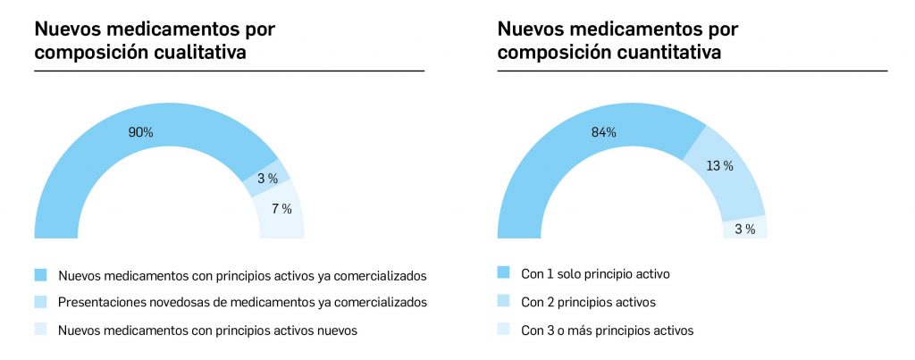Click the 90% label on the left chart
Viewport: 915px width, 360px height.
(140, 132)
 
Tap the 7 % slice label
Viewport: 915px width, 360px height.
(281, 210)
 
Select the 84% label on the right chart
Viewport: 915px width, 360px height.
(604, 132)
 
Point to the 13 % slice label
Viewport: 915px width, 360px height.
(721, 165)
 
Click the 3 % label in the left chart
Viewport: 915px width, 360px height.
(267, 179)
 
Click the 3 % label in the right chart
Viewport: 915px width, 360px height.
(744, 230)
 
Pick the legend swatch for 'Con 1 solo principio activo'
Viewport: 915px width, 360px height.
(503, 272)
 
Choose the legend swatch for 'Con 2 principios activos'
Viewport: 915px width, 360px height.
(503, 301)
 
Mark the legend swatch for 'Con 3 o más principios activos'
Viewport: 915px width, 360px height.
(503, 330)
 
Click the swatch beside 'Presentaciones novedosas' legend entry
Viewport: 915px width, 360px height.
(40, 302)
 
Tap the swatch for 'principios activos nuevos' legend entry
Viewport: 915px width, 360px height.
(40, 330)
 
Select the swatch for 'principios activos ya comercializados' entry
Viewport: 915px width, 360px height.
(40, 273)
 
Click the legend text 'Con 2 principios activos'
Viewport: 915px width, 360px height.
(588, 302)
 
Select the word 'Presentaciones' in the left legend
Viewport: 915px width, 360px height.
(99, 302)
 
